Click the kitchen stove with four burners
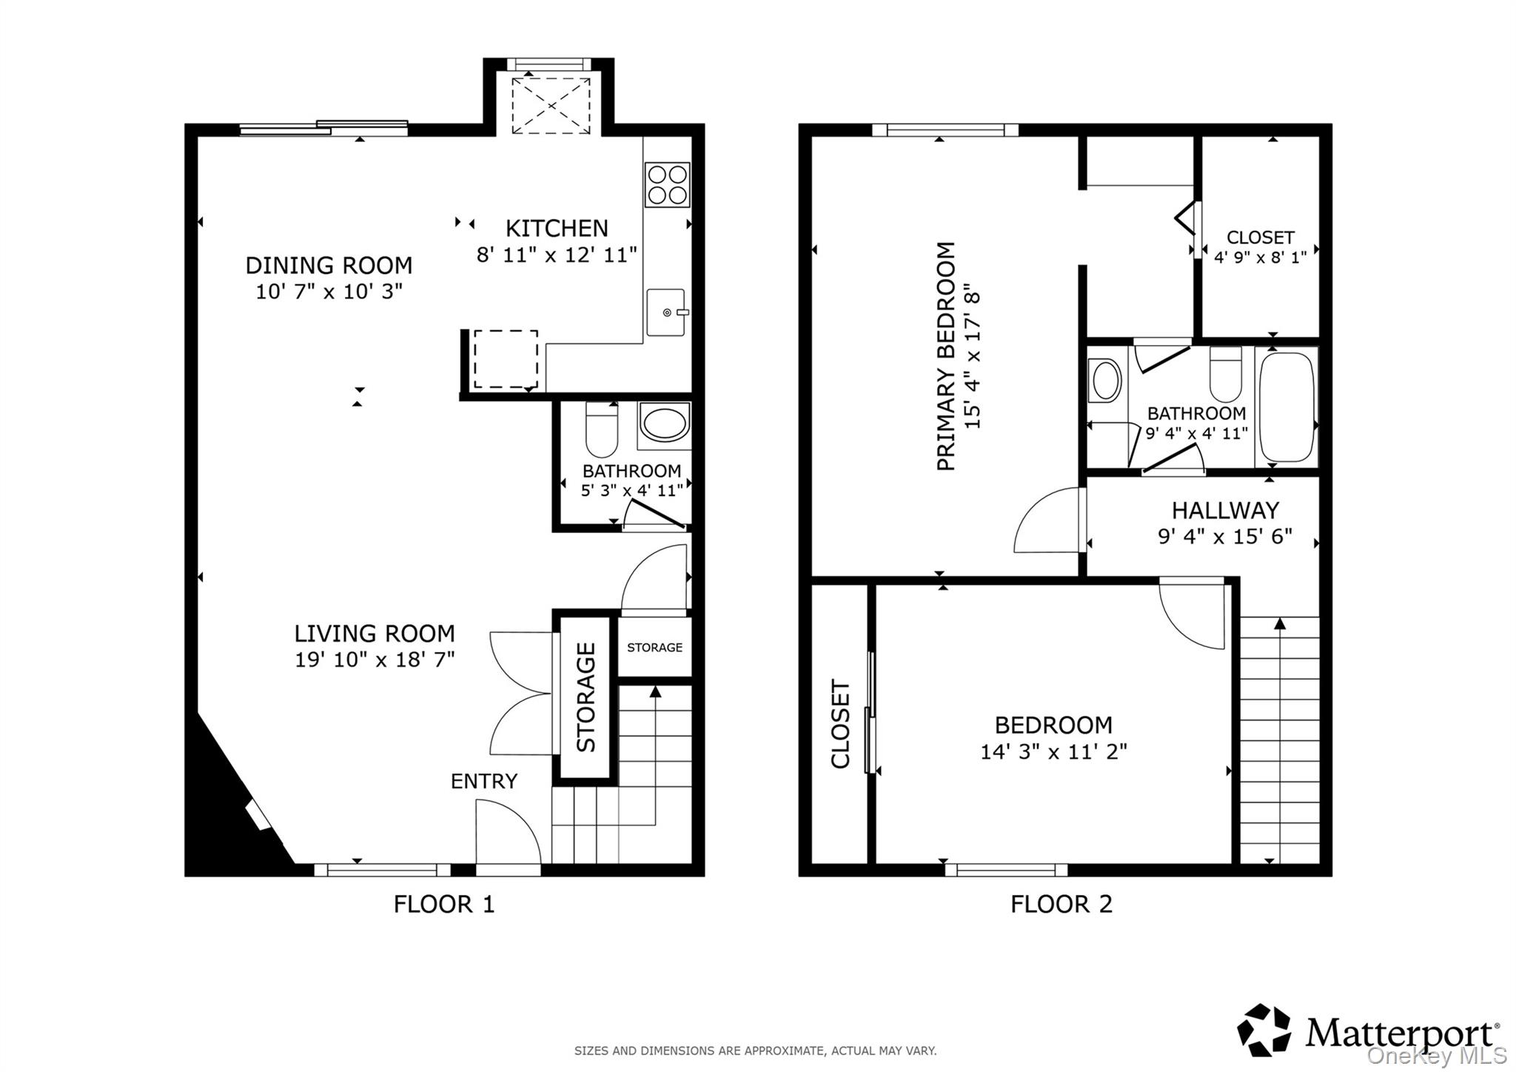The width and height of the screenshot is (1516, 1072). pos(668,184)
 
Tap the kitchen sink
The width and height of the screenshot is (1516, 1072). pos(666,312)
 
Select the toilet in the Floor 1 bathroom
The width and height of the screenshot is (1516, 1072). pos(601,429)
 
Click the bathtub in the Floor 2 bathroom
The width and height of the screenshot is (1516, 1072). pos(1287,407)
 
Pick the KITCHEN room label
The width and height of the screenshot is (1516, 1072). pos(557,228)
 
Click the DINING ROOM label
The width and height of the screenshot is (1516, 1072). pos(329,265)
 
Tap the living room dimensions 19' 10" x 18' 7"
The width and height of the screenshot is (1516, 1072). pos(375,659)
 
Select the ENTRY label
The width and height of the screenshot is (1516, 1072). pos(484,781)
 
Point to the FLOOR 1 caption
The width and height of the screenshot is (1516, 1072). pos(444,904)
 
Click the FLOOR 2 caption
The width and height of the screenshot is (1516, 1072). pos(1061,904)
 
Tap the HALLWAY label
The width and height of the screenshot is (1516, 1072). pos(1225,510)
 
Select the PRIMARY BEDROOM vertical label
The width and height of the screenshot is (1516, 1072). pos(946,356)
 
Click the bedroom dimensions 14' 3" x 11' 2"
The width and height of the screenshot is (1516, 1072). pos(1053,752)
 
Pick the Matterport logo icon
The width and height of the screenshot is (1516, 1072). pos(1264,1030)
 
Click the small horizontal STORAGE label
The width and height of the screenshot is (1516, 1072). pos(655,648)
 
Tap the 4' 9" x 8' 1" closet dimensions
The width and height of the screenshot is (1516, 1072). pos(1260,258)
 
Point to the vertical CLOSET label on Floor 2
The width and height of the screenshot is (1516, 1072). pos(840,724)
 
